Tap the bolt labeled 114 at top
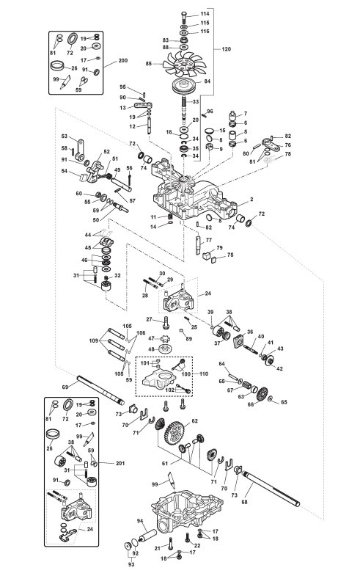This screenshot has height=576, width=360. coord(184,17)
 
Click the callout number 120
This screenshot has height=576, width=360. coord(227,49)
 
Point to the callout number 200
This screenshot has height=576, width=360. coord(123,60)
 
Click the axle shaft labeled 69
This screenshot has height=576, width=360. coord(100,390)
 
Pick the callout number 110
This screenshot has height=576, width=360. coord(204,373)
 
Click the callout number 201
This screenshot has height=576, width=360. coord(120,463)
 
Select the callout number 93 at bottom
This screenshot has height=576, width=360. coord(131,564)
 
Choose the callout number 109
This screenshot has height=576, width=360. coord(94,341)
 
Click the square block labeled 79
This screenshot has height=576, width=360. coord(207,254)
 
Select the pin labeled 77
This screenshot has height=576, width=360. coord(199,244)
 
